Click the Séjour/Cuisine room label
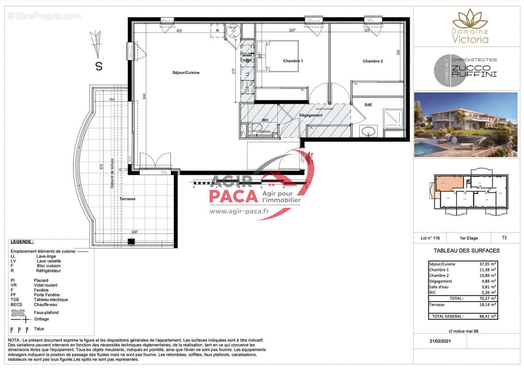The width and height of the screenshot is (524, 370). click(186, 73)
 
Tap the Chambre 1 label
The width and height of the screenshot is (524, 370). click(293, 61)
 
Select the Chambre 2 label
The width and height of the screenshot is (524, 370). click(372, 61)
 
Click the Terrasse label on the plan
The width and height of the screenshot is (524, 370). click(127, 198)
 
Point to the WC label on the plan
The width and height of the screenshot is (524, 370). click(265, 120)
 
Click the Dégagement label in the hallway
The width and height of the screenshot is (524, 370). click(310, 115)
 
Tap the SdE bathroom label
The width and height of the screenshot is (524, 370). click(368, 105)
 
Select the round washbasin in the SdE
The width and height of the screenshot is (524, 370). click(369, 131)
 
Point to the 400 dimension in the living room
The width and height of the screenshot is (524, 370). click(179, 31)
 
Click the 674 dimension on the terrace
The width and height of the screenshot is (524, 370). click(101, 168)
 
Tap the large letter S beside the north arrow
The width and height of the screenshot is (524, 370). click(99, 66)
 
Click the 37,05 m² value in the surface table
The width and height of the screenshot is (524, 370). click(487, 264)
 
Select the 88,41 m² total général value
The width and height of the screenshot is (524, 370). click(487, 316)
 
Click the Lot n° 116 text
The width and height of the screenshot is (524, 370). click(430, 238)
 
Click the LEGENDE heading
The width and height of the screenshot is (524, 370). click(22, 241)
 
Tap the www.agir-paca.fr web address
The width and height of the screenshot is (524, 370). click(239, 211)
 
